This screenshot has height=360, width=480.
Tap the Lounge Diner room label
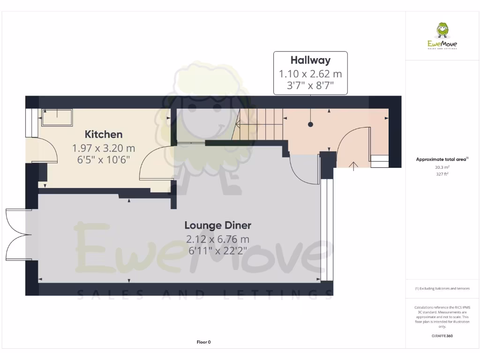[217, 225]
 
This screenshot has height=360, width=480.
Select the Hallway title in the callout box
[310, 60]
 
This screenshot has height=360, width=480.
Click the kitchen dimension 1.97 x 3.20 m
[104, 148]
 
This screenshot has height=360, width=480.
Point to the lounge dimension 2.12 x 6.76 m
[217, 239]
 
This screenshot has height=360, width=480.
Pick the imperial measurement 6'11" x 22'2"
[217, 251]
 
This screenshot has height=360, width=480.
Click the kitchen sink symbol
[57, 117]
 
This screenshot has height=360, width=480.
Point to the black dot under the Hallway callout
[310, 124]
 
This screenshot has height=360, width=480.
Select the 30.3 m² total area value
[442, 167]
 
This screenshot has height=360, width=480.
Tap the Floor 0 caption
[203, 342]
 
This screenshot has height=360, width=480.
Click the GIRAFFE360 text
[442, 336]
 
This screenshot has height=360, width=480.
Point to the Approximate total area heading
[442, 159]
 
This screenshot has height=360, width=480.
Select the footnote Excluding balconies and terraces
[442, 289]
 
